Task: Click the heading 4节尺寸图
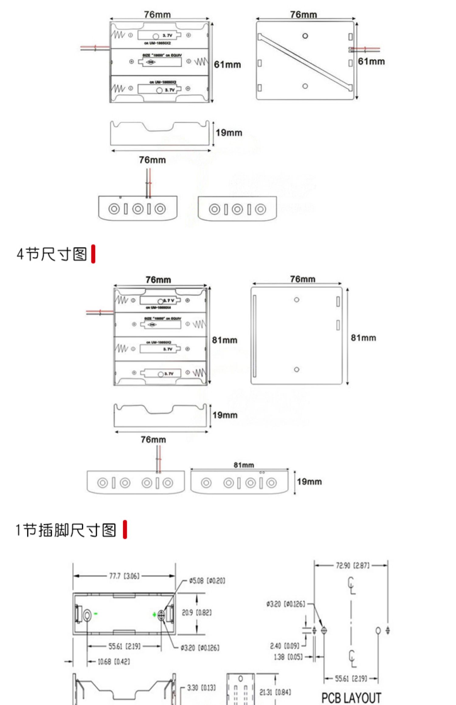[x=52, y=254]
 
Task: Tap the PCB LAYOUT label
[x=351, y=697]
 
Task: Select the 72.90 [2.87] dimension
[x=353, y=565]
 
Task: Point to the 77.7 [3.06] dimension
[x=124, y=576]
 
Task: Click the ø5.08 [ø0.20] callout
[x=207, y=581]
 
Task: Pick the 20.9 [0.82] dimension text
[x=196, y=613]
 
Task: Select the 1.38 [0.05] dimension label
[x=288, y=657]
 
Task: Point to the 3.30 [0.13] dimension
[x=201, y=688]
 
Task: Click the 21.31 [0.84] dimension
[x=275, y=692]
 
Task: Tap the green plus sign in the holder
[x=154, y=615]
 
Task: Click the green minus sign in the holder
[x=96, y=614]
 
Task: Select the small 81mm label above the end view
[x=244, y=465]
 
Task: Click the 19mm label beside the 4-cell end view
[x=309, y=482]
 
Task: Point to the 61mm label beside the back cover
[x=371, y=61]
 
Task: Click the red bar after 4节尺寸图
[x=93, y=254]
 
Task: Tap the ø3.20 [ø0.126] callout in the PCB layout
[x=285, y=604]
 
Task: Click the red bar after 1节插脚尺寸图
[x=125, y=530]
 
